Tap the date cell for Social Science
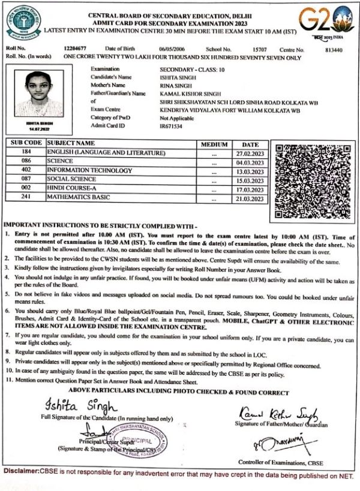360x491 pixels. click(x=250, y=179)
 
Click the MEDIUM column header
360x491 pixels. click(x=214, y=144)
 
